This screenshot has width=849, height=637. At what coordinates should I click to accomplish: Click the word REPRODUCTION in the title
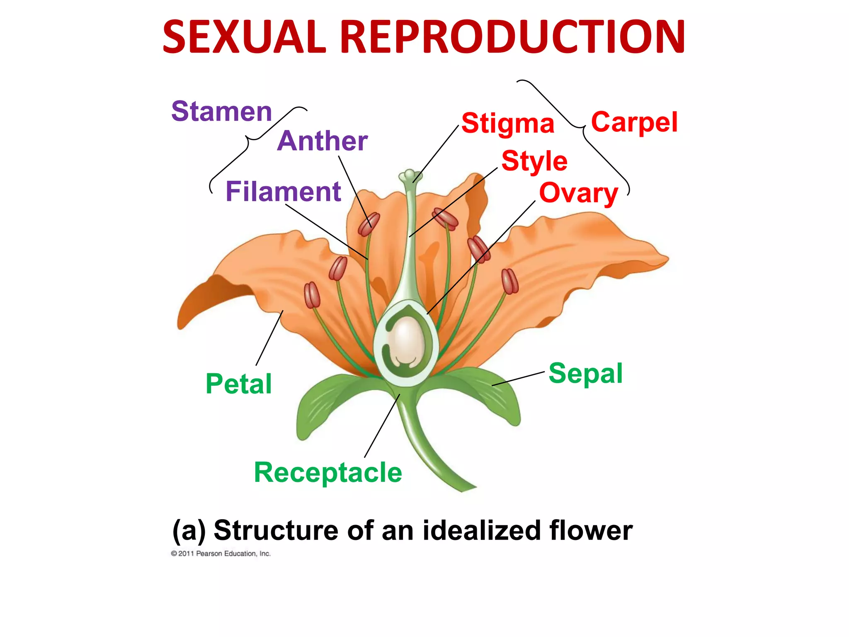tap(512, 37)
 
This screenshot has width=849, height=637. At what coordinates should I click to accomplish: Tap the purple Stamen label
tap(221, 112)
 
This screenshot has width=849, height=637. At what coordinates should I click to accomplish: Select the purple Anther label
tap(322, 141)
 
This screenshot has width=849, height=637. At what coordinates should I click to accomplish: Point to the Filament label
tap(283, 192)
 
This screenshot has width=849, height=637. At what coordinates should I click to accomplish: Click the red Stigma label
tap(507, 124)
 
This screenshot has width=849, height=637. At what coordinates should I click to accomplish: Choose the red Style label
tap(534, 161)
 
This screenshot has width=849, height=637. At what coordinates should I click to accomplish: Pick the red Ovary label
tap(578, 193)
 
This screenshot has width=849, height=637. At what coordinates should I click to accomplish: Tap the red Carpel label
tap(634, 122)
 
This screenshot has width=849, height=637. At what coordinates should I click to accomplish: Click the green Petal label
tap(239, 384)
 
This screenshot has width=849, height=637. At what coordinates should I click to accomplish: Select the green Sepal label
tap(585, 373)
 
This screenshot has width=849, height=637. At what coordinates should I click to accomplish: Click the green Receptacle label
tap(328, 472)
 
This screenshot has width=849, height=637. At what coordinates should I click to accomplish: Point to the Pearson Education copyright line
tap(221, 554)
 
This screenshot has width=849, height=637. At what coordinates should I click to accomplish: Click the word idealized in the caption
tap(481, 530)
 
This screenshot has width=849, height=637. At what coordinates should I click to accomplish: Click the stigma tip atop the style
tap(410, 175)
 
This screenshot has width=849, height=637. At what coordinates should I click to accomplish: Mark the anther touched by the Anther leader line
tap(369, 224)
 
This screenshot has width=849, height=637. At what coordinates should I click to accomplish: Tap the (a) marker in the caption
tap(189, 531)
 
